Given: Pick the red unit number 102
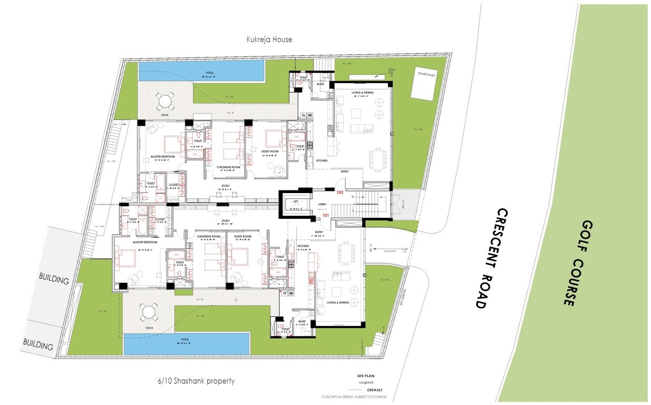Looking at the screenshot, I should [340, 192].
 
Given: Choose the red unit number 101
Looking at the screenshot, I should [326, 215].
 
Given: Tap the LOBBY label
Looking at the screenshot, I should [323, 204].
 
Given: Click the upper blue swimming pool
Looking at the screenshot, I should [201, 71].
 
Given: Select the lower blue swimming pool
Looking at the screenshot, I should [186, 344].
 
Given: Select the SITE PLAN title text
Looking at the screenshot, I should [367, 376].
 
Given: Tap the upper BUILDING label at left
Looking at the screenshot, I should [54, 279].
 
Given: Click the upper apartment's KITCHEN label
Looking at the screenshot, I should [322, 160].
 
